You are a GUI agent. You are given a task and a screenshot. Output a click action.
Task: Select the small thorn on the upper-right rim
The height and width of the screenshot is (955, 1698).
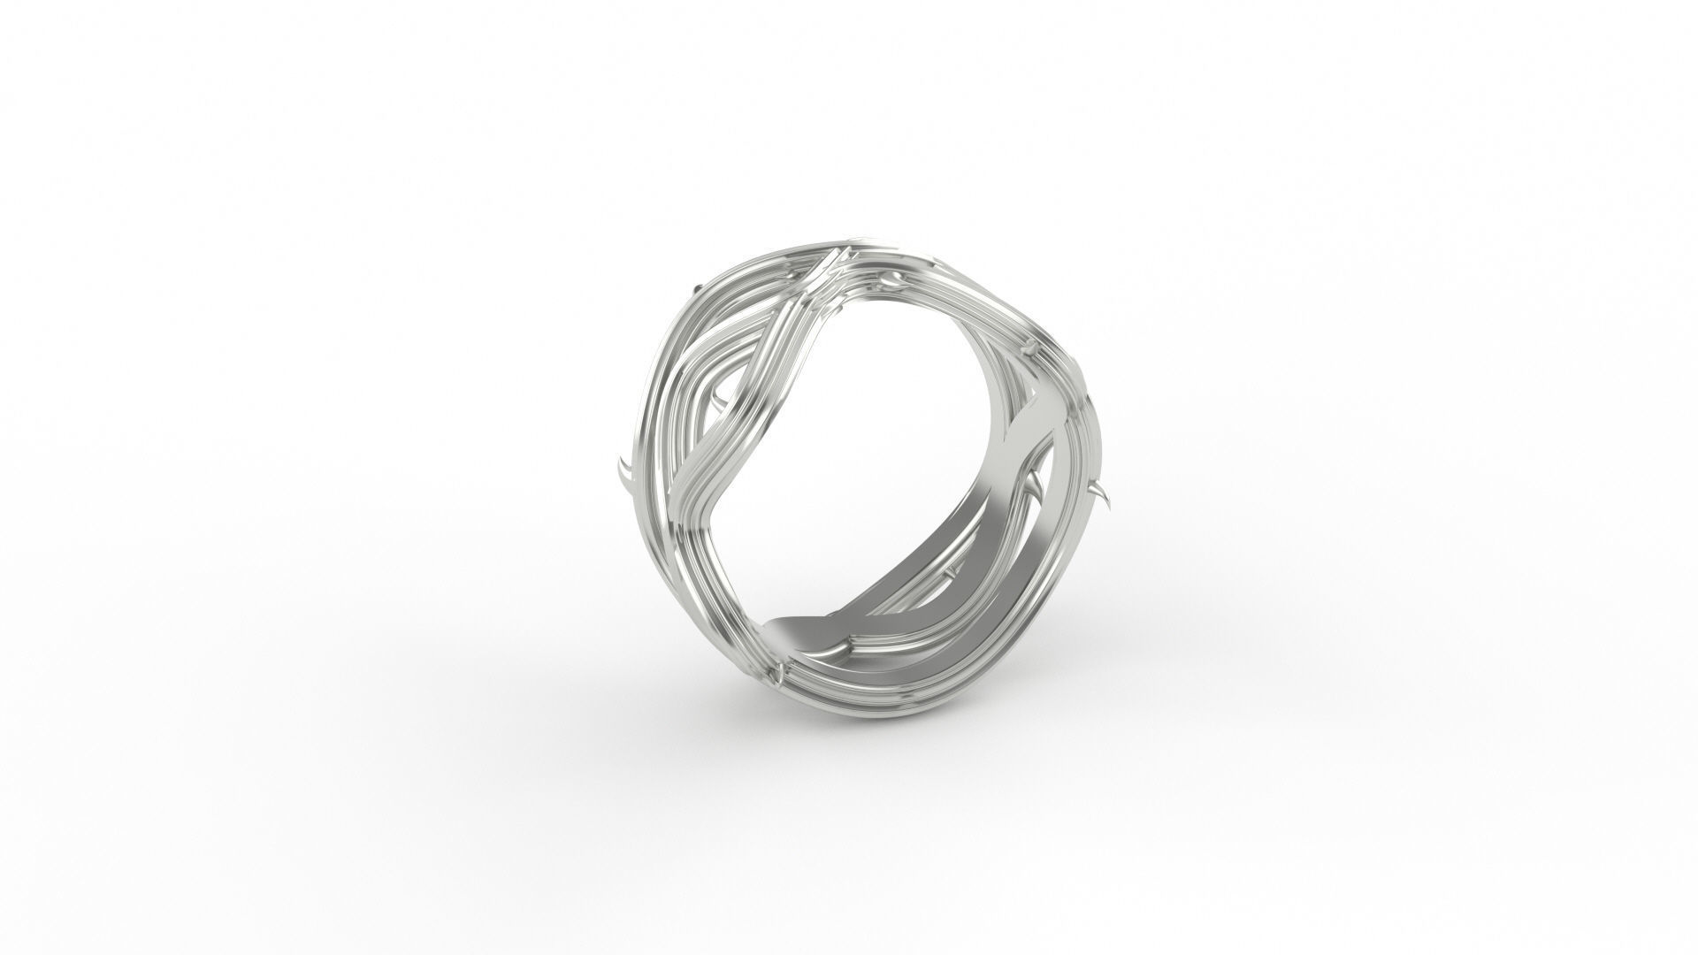(1033, 349)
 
